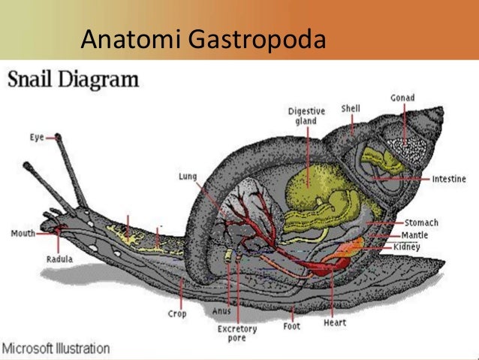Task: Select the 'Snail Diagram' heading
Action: tap(74, 80)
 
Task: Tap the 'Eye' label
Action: tap(37, 138)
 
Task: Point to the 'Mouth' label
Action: tap(23, 233)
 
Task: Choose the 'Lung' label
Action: tap(188, 177)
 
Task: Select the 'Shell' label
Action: tap(351, 108)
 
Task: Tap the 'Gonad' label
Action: tap(402, 98)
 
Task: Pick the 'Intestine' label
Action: tap(448, 180)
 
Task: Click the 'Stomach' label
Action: tap(421, 223)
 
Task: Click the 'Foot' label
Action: tap(292, 327)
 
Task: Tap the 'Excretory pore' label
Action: tap(237, 334)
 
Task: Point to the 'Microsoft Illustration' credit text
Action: tap(56, 349)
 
